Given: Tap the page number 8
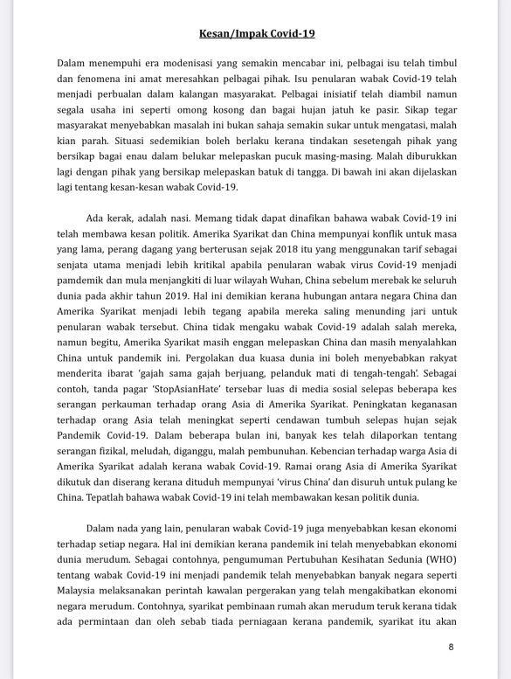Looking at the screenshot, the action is pos(451,647).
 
